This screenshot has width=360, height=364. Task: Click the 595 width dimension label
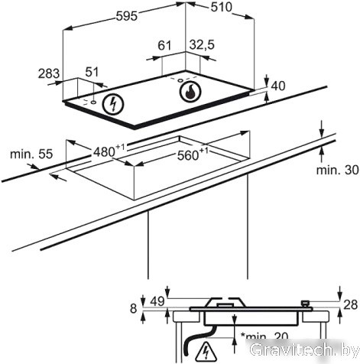point(127,16)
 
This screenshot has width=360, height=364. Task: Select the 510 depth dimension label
point(222,7)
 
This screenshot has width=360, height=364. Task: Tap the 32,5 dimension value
point(202,45)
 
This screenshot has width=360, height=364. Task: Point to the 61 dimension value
point(164,45)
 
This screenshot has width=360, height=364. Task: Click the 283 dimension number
point(49,74)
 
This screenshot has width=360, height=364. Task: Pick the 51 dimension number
point(92,72)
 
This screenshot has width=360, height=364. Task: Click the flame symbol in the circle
point(190,92)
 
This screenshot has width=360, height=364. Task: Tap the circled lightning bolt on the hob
point(112,104)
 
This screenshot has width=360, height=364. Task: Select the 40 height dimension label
point(278,86)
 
